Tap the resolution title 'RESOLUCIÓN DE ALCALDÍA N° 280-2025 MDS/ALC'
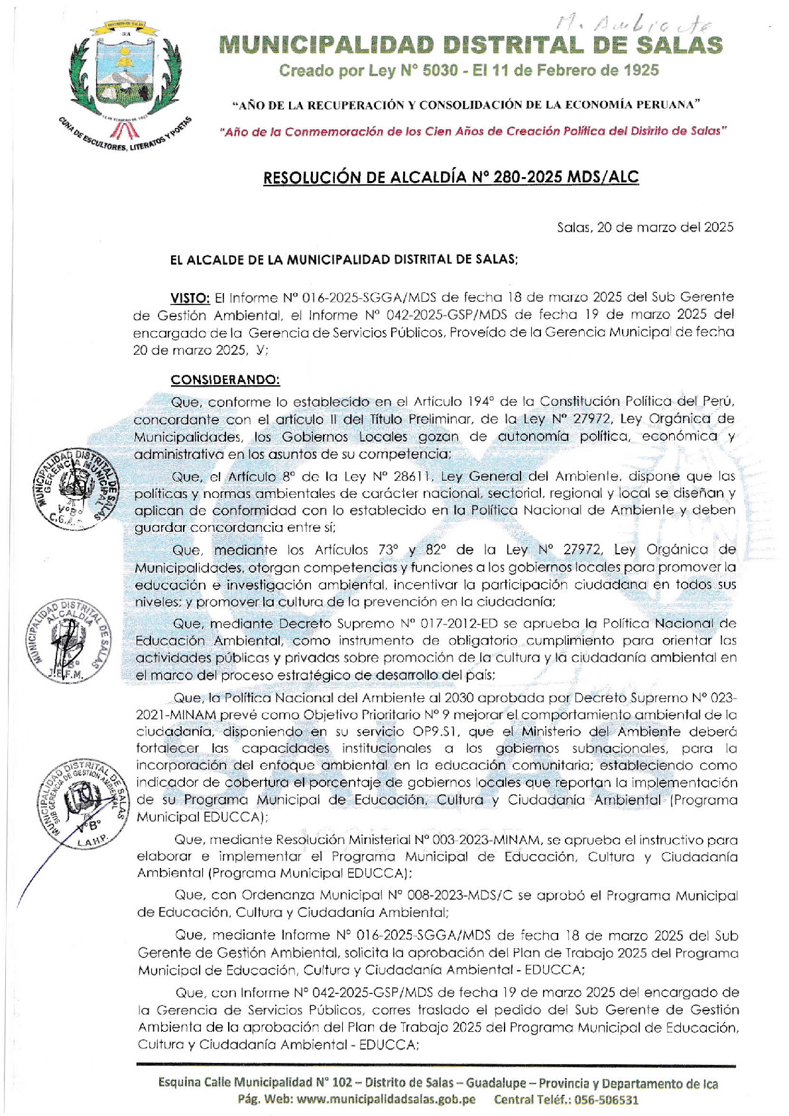451,177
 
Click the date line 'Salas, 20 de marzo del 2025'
644,227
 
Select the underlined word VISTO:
190,298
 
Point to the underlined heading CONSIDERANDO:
225,380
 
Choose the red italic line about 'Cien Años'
473,131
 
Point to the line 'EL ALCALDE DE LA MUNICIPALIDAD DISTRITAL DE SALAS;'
343,260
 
